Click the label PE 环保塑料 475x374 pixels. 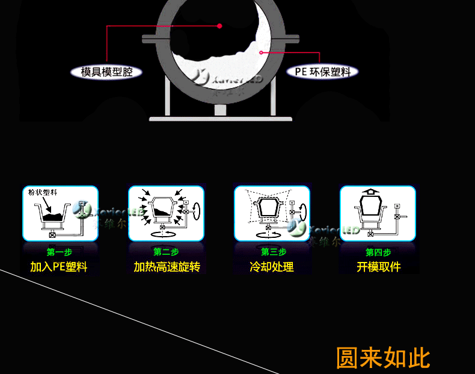(x=322, y=72)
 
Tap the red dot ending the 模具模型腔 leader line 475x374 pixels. (x=219, y=26)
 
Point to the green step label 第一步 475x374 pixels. (x=59, y=252)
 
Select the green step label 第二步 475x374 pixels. (x=166, y=252)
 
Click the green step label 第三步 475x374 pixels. (x=273, y=252)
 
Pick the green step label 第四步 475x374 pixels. (x=378, y=252)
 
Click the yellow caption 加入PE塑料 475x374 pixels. (x=59, y=267)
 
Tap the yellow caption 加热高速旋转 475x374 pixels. (x=167, y=267)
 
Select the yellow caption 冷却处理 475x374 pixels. (x=272, y=267)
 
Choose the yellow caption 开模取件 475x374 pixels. (x=378, y=267)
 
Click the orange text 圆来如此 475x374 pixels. (x=383, y=358)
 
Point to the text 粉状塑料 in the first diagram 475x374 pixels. (x=43, y=193)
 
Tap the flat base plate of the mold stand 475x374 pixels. (x=221, y=118)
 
